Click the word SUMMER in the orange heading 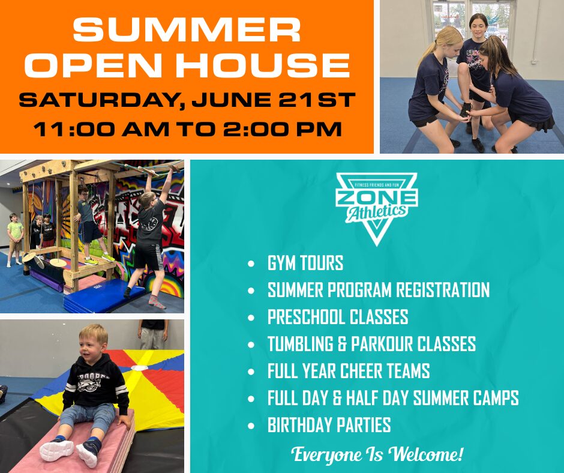tap(187, 30)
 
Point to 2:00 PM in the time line tap(282, 129)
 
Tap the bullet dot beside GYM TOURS tap(251, 264)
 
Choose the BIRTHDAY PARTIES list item tap(329, 425)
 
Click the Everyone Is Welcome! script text tap(377, 454)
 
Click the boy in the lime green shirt tap(15, 240)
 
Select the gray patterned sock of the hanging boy tap(157, 302)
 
